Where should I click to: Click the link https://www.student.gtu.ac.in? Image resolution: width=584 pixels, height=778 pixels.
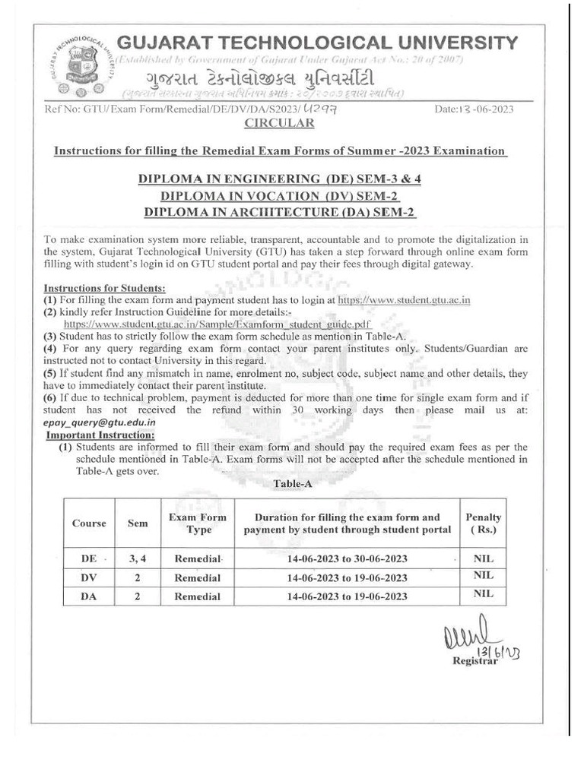(404, 300)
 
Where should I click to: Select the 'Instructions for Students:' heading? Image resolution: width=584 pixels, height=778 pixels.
(104, 289)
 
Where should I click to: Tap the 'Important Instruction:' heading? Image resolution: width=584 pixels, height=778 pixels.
(100, 435)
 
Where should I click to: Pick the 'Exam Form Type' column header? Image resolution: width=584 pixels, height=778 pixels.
(198, 523)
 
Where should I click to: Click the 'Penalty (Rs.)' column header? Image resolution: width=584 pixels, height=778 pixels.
(483, 523)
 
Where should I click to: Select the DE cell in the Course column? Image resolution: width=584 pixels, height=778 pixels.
(89, 559)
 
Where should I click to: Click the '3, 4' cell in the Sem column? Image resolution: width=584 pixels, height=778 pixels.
(137, 559)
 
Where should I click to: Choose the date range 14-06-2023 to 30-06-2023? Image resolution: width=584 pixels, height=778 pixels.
(348, 559)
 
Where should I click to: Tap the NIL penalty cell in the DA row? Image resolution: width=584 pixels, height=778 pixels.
(483, 595)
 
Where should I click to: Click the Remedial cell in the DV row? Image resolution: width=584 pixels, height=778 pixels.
(198, 578)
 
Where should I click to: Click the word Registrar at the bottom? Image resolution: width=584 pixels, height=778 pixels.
(474, 661)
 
